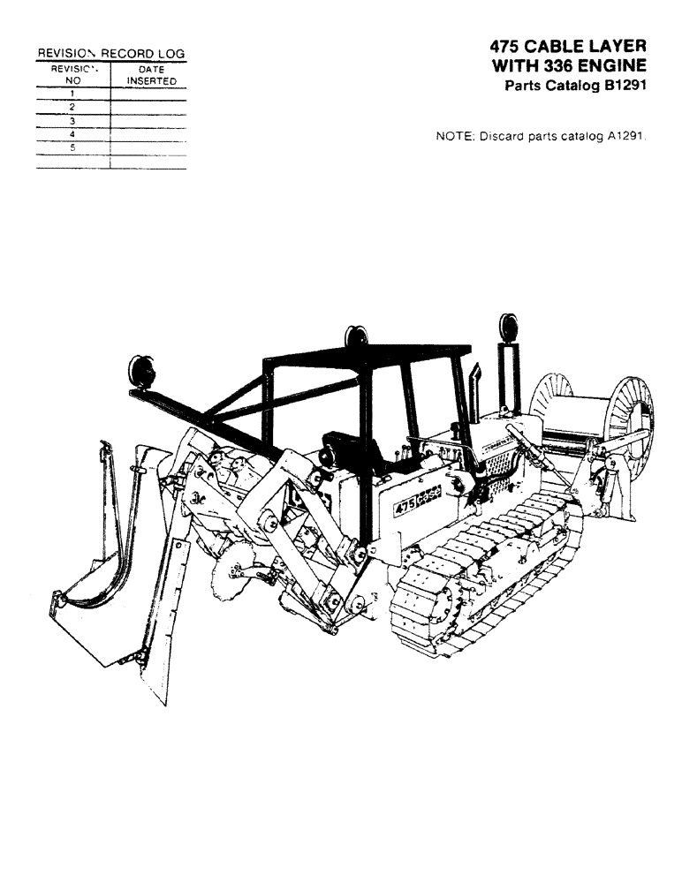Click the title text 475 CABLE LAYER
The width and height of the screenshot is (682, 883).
(x=567, y=47)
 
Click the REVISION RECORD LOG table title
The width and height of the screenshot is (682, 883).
(x=110, y=54)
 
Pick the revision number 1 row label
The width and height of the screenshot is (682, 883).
(x=72, y=93)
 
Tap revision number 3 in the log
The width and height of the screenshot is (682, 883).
(x=72, y=120)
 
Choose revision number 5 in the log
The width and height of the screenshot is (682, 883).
(x=72, y=147)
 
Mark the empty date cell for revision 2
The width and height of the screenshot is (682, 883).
(x=148, y=107)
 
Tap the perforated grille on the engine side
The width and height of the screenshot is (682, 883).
(x=497, y=476)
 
